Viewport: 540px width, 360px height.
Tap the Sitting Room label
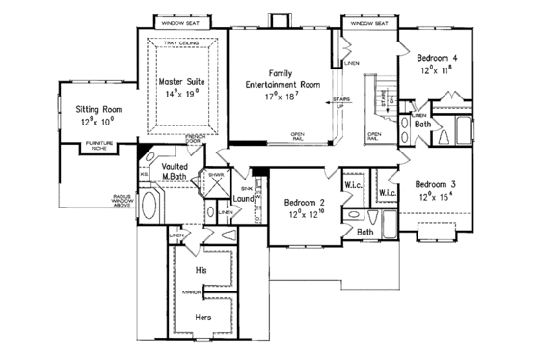[x=100, y=110]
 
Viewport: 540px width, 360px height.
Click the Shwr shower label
[x=217, y=175]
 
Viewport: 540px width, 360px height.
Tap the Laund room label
[x=244, y=199]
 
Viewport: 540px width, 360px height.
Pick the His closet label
[x=202, y=271]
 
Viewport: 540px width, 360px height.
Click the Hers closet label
[x=203, y=317]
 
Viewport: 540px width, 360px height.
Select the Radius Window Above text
[x=115, y=200]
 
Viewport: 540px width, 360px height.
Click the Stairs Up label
[x=341, y=101]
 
